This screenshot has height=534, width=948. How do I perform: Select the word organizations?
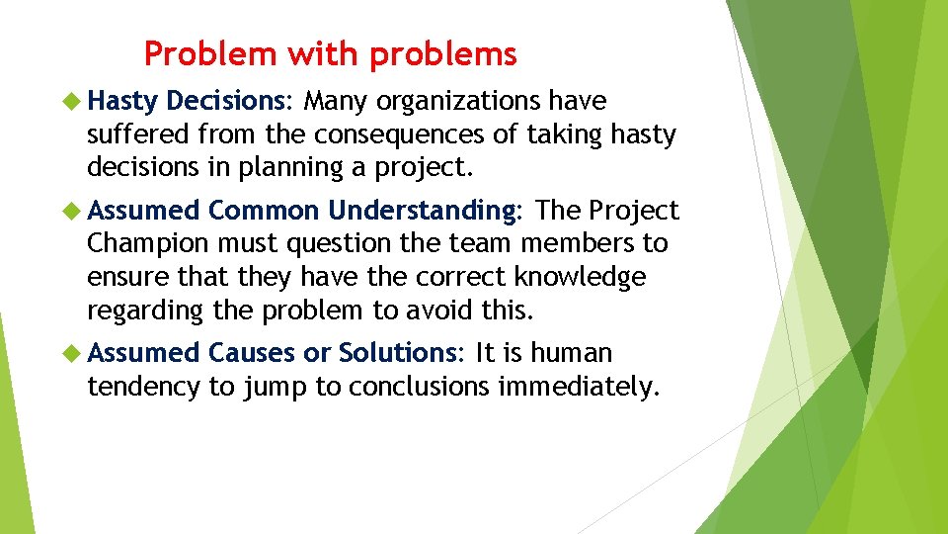tap(459, 101)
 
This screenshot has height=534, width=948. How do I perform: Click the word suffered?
tap(138, 133)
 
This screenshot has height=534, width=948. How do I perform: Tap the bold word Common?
tap(264, 211)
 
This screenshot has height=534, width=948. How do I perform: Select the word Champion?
tap(148, 243)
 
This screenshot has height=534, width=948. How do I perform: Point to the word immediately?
tap(578, 386)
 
